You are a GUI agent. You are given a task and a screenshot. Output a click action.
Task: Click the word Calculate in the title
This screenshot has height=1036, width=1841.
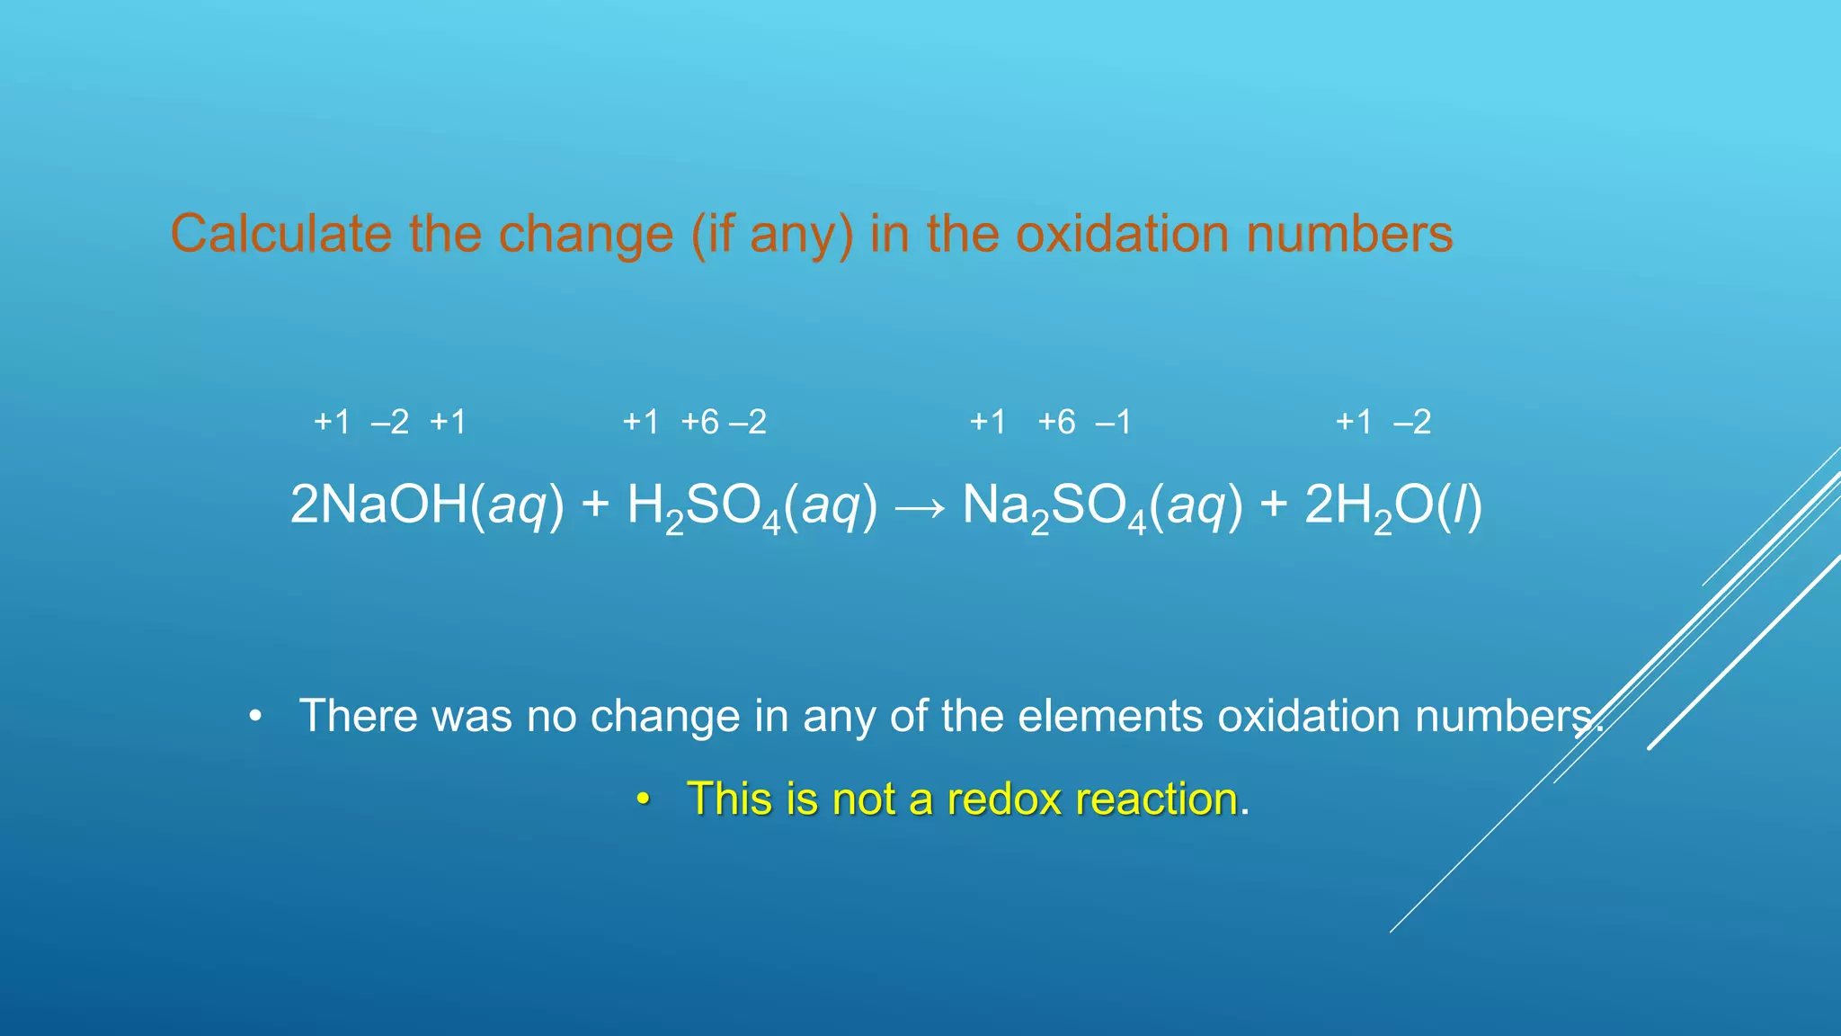(280, 234)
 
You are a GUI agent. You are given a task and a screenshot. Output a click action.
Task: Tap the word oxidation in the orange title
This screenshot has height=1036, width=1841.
(1122, 234)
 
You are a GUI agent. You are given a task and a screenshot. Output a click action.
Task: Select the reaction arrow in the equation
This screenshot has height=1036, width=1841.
(920, 507)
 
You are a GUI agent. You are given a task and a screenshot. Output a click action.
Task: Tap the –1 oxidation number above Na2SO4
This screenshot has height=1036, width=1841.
(1113, 422)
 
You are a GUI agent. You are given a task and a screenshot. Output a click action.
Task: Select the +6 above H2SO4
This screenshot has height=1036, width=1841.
(700, 422)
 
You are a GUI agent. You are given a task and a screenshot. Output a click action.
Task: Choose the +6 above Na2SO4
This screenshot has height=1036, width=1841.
(1056, 422)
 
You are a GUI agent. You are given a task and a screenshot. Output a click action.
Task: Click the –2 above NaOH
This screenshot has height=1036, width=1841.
(390, 422)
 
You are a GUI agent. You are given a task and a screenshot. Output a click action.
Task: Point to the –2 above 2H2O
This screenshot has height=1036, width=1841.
(1412, 422)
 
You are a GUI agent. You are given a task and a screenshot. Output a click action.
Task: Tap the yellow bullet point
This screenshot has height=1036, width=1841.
(642, 799)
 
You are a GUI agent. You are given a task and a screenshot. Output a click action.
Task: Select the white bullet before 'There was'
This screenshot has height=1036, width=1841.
(256, 717)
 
